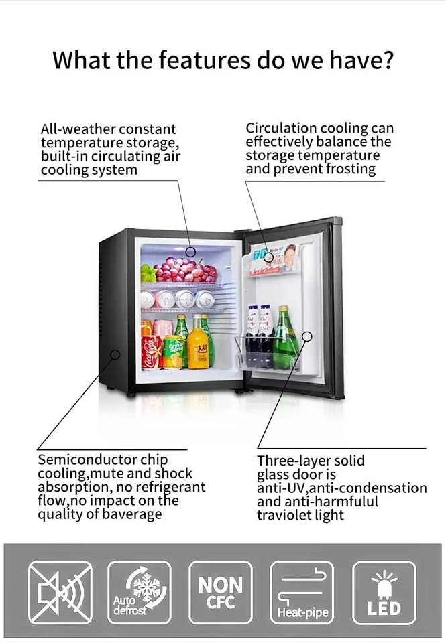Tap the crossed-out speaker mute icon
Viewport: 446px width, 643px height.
pos(60,592)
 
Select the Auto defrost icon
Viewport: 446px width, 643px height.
pos(140,592)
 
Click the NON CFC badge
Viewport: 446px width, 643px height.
pos(221,592)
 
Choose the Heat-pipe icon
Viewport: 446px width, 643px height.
pos(302,592)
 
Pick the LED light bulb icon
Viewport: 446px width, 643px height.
pos(384,592)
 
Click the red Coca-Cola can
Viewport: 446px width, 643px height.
pos(152,352)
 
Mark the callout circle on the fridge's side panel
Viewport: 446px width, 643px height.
pos(115,354)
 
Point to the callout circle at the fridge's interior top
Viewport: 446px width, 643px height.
pos(191,252)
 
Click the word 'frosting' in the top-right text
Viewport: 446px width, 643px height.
pos(341,169)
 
